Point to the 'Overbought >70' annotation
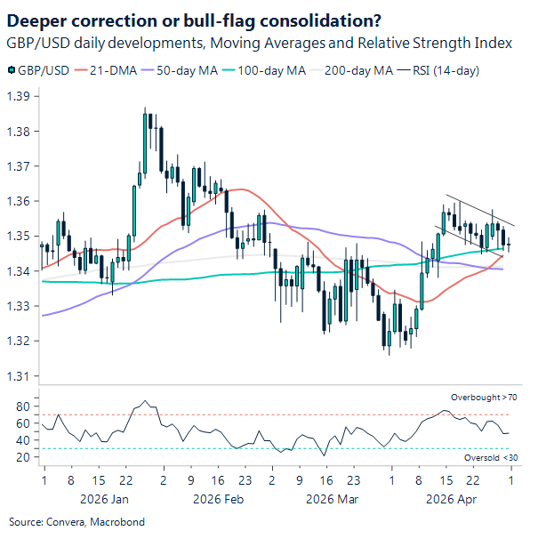[484, 397]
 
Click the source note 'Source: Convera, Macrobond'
[76, 521]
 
